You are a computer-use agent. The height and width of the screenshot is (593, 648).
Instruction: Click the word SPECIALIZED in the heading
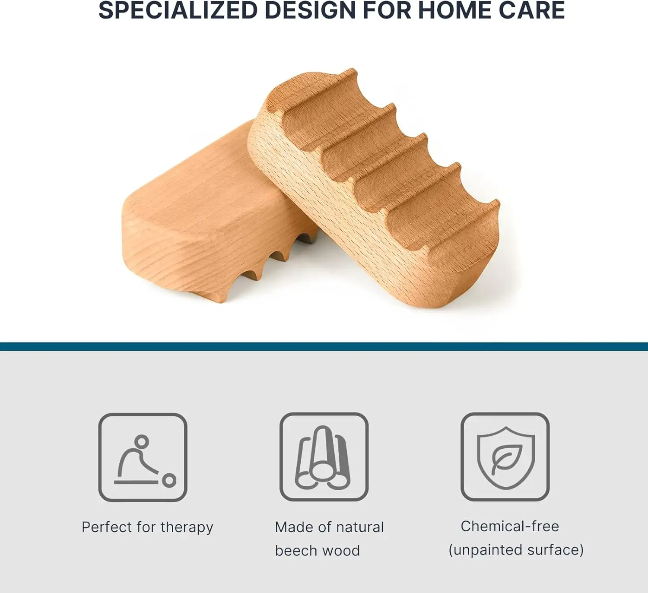point(178,10)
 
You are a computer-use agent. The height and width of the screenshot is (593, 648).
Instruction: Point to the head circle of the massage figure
point(142,441)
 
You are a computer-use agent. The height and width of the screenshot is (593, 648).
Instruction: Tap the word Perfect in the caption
point(107,527)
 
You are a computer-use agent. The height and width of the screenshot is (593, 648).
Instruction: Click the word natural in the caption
point(360,527)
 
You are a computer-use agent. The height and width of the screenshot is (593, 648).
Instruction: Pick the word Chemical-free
point(510,526)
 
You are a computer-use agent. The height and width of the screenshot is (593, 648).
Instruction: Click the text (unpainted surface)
point(516,550)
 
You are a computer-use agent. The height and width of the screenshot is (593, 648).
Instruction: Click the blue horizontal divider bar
point(324,346)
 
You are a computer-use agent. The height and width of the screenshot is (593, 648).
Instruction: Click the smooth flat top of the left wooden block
point(207,184)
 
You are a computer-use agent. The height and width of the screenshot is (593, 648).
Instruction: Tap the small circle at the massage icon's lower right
point(169,480)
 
